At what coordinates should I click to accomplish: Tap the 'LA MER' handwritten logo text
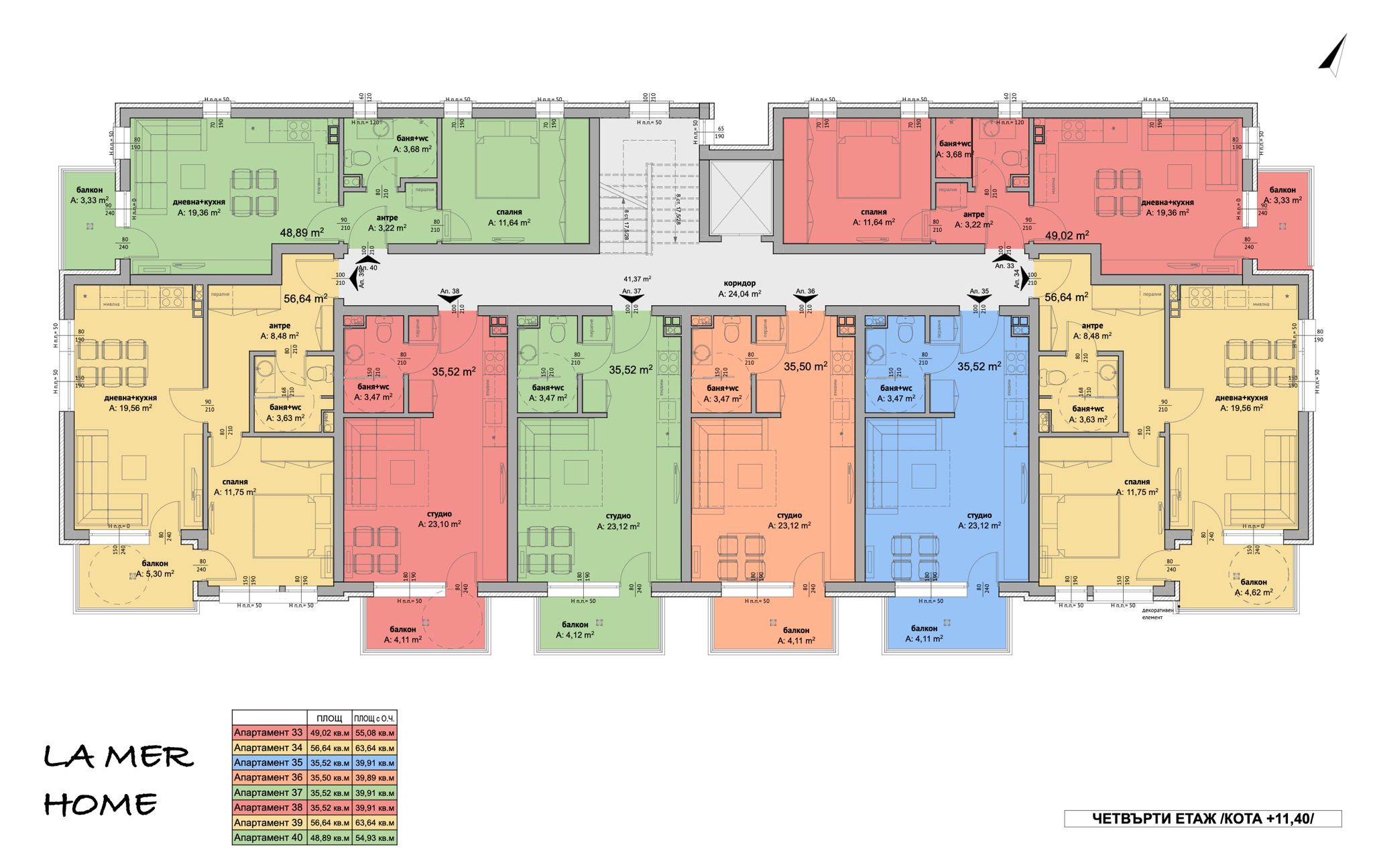pyautogui.click(x=119, y=758)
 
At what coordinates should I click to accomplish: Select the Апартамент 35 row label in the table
pyautogui.click(x=268, y=762)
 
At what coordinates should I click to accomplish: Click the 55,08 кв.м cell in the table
pyautogui.click(x=375, y=733)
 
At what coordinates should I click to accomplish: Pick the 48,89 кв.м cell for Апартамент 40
pyautogui.click(x=330, y=838)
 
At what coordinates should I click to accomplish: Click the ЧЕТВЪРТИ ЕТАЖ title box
pyautogui.click(x=1203, y=819)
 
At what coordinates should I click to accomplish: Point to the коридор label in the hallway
pyautogui.click(x=739, y=284)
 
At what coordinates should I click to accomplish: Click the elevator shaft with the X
pyautogui.click(x=740, y=198)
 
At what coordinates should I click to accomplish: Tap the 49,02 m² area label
pyautogui.click(x=1067, y=235)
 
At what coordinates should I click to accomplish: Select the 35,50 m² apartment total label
pyautogui.click(x=805, y=367)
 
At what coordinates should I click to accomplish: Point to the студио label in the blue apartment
pyautogui.click(x=979, y=516)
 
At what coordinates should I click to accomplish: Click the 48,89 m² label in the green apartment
pyautogui.click(x=302, y=233)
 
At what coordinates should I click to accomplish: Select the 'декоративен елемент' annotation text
pyautogui.click(x=1158, y=614)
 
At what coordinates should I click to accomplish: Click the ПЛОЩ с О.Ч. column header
pyautogui.click(x=375, y=718)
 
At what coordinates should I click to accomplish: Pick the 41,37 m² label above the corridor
pyautogui.click(x=637, y=279)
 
